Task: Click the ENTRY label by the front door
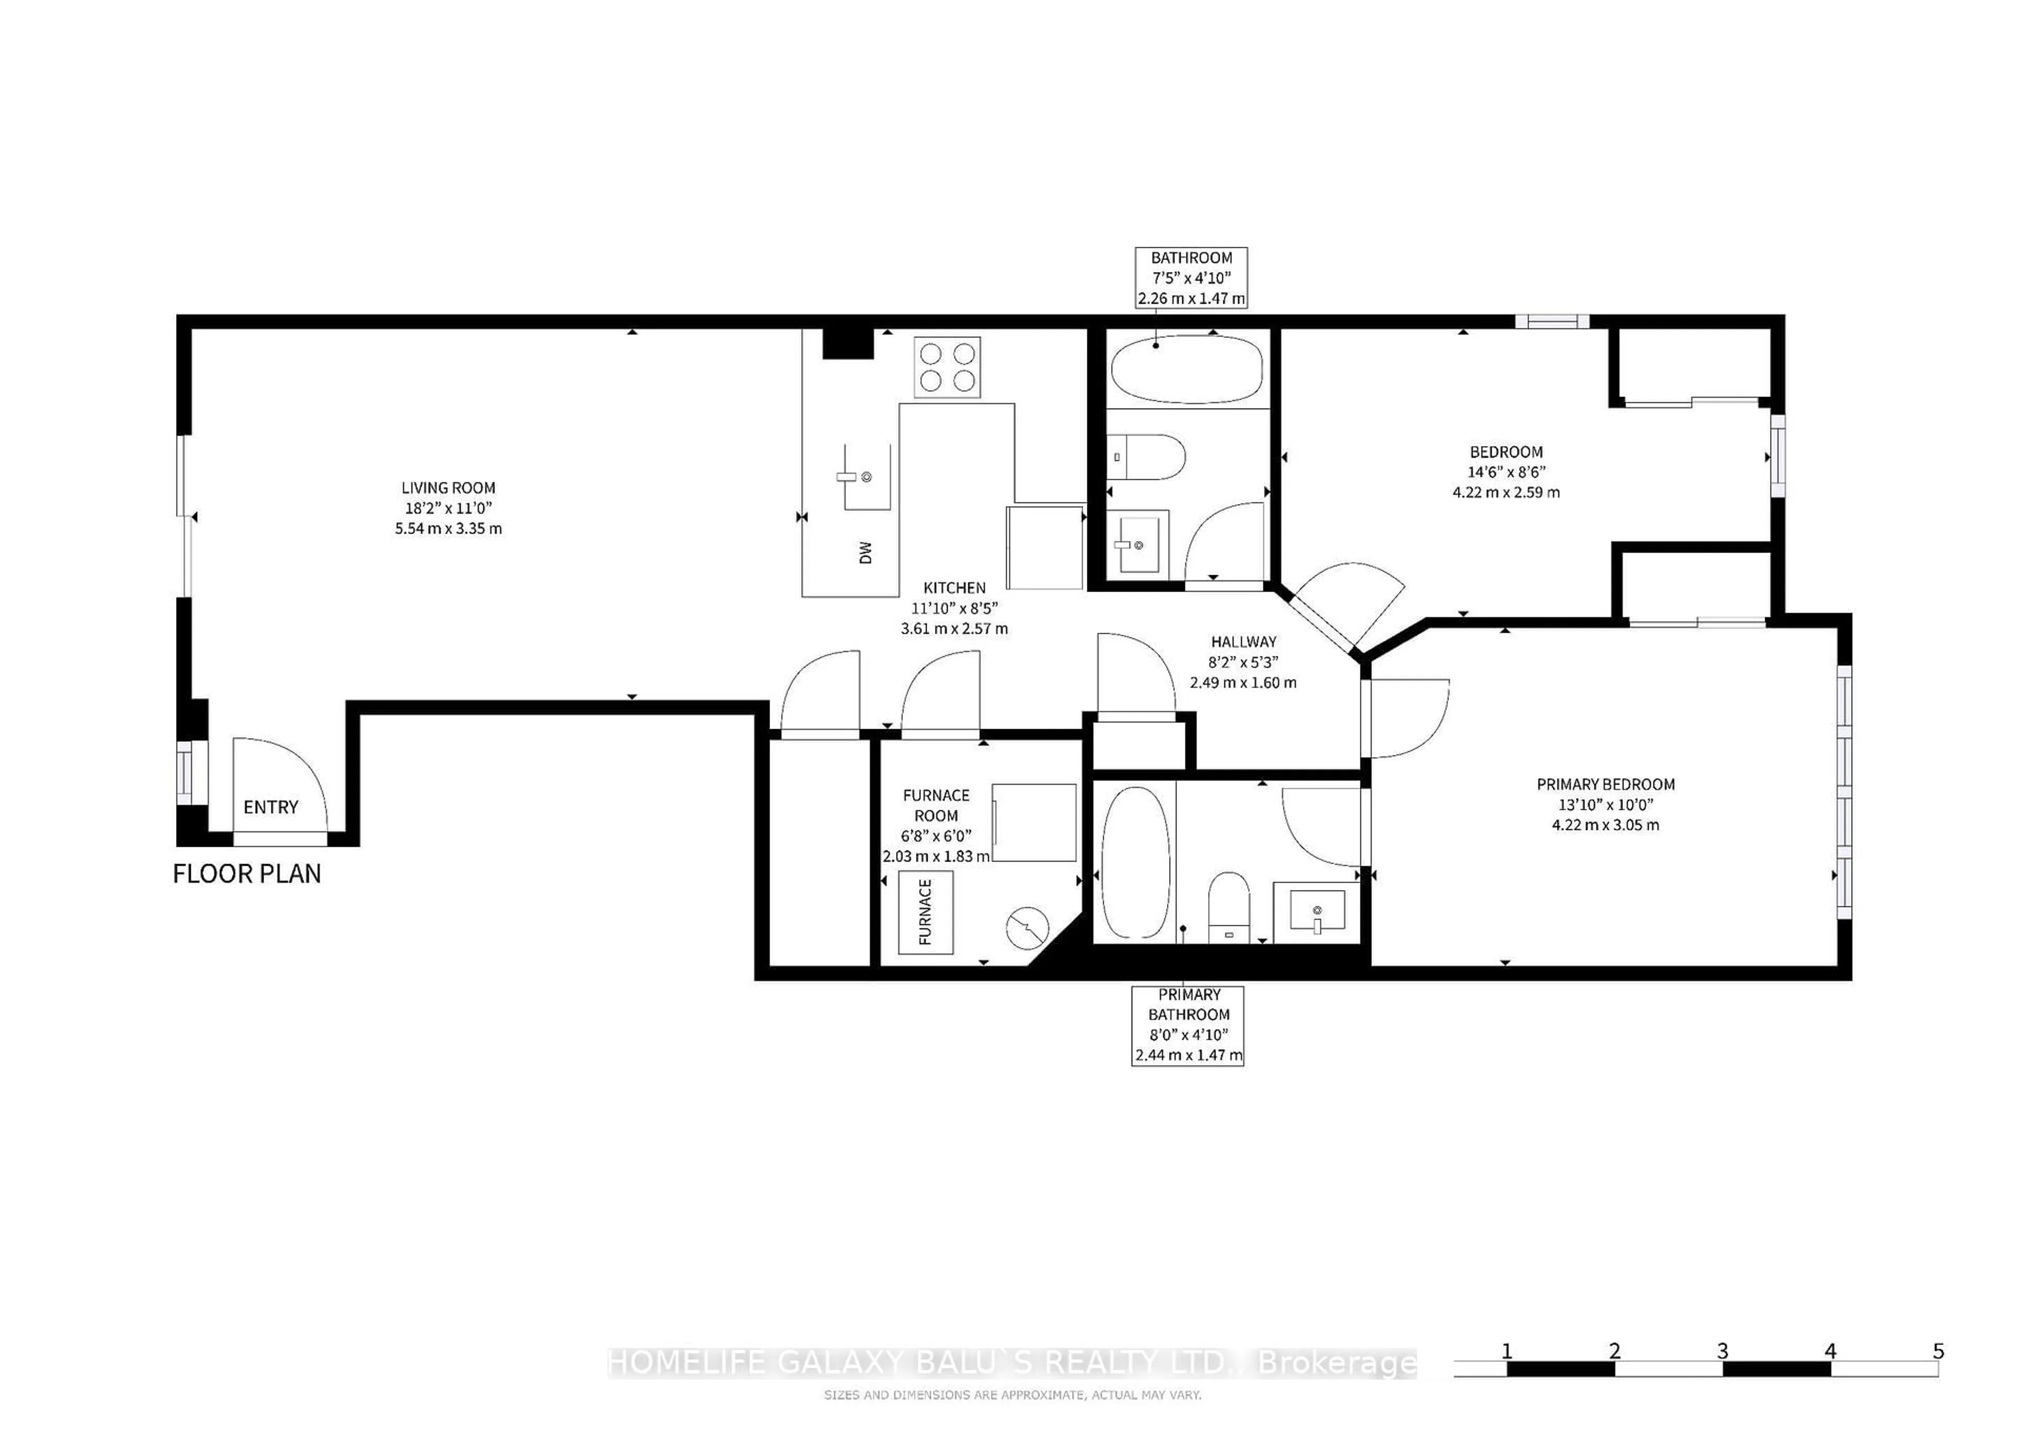coord(270,807)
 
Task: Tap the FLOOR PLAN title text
coord(247,874)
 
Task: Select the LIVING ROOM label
coord(448,488)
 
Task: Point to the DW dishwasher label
coord(865,552)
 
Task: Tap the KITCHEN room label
coord(954,587)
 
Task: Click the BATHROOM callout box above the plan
coord(1191,278)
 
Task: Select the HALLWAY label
coord(1243,642)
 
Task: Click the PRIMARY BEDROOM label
coord(1605,784)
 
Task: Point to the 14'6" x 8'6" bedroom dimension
coord(1506,472)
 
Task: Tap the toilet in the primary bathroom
coord(1228,904)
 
